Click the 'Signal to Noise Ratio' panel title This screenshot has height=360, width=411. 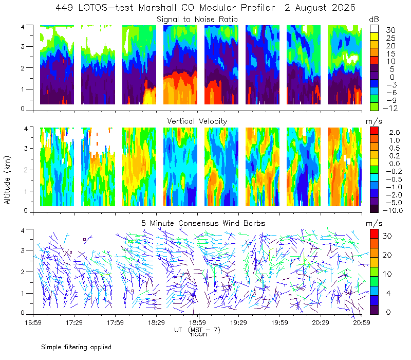coord(197,20)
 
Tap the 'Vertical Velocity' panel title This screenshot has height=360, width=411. coord(197,121)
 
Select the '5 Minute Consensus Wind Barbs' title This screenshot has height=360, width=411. coord(203,223)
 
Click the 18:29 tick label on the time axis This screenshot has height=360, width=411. coord(156,322)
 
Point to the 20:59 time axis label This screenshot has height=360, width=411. coord(362,322)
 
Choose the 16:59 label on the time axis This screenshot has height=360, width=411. coord(33,322)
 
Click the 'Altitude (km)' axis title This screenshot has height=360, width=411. coord(7,180)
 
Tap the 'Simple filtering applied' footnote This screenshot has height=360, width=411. coord(76,347)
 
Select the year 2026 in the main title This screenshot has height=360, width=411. coord(343,8)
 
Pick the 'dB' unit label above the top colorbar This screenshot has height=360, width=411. coord(374,20)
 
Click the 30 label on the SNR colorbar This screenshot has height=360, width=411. coord(390,30)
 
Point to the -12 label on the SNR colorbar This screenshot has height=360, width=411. coord(390,108)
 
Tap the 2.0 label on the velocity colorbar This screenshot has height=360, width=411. coord(395,133)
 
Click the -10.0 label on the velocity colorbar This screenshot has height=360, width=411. coord(393,210)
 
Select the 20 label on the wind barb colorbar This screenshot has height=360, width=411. coord(387,255)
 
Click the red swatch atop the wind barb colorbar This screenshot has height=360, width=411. coord(374,234)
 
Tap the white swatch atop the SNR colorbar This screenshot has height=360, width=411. coord(374,29)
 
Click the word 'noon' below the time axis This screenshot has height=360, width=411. coord(199,335)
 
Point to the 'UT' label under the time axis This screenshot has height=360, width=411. coord(178,330)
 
